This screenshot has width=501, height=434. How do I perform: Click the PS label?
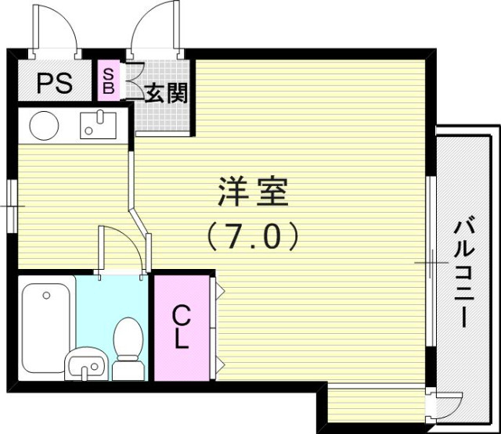[54, 82]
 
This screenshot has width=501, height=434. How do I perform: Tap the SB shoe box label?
[109, 81]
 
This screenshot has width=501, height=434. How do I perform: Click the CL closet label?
[181, 327]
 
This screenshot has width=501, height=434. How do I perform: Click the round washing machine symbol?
[43, 124]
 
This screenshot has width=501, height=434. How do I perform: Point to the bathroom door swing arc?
[122, 249]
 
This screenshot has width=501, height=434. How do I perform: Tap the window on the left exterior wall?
[12, 206]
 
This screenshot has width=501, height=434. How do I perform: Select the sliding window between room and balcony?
[430, 263]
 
